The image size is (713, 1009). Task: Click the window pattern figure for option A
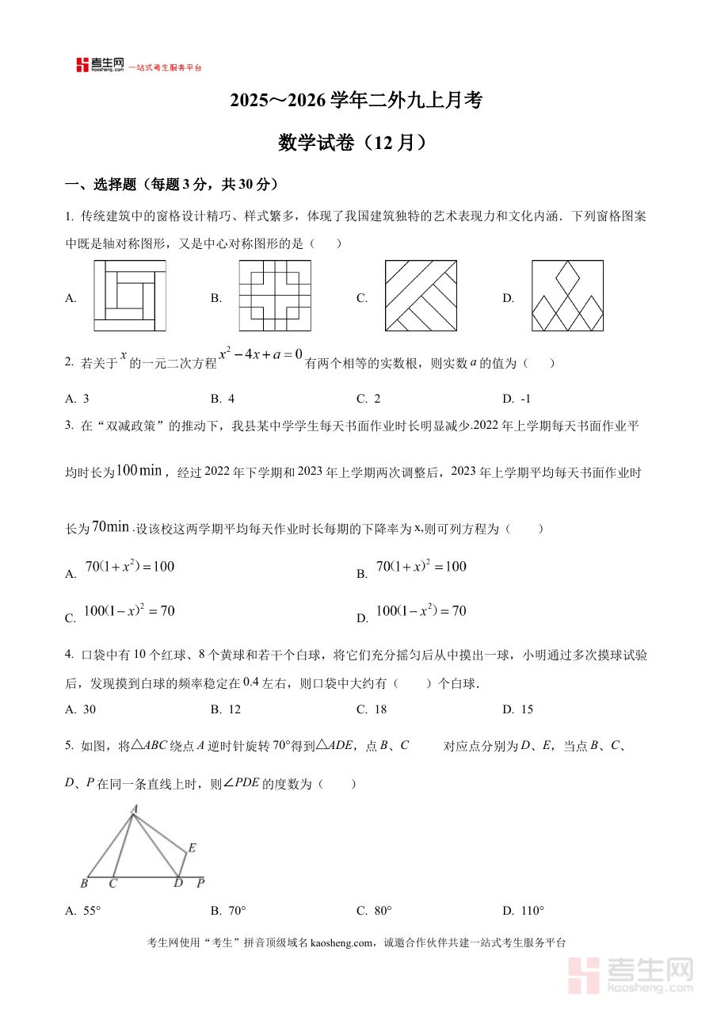[x=130, y=295]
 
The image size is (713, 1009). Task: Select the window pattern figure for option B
[x=275, y=295]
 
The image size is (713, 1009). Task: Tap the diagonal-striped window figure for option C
[x=421, y=295]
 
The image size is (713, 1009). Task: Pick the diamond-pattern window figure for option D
[x=567, y=295]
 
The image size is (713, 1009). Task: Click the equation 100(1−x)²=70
[x=128, y=611]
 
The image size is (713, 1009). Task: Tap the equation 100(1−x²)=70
[x=420, y=611]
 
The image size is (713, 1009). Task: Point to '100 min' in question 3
[x=139, y=471]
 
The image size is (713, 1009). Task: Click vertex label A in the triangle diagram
[x=135, y=809]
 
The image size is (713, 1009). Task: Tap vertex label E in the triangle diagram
[x=192, y=848]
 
